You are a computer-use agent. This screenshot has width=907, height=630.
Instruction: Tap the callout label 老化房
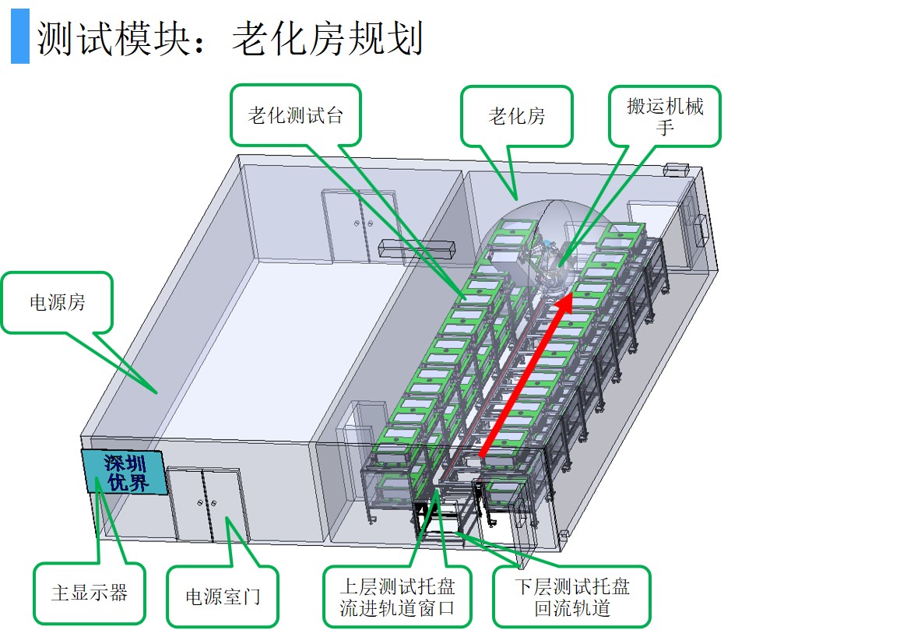pos(517,116)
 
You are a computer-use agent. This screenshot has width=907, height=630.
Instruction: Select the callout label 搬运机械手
pos(664,115)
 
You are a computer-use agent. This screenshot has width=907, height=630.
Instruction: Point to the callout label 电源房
pos(57,302)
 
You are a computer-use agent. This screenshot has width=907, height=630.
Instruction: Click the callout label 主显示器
pos(89,593)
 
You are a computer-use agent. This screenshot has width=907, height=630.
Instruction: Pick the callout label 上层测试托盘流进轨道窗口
pos(397,597)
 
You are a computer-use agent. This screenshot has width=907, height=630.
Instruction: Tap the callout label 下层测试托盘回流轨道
pos(571,597)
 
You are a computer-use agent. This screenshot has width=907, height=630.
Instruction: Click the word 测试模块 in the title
pos(109,38)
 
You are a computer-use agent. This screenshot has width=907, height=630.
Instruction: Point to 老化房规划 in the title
pos(327,38)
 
